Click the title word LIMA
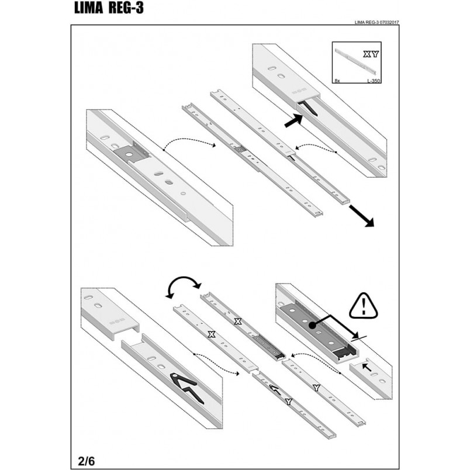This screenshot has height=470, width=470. point(88,8)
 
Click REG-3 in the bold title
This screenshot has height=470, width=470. point(126,8)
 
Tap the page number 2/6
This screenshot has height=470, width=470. point(87,461)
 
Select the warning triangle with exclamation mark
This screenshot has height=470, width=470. point(364,306)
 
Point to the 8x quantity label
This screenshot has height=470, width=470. point(337,81)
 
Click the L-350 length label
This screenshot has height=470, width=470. point(374,81)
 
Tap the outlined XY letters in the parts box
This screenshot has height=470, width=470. point(371,54)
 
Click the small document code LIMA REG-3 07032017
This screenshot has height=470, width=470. point(376,22)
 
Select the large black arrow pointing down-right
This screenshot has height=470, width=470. point(361,216)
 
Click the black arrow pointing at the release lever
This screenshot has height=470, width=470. point(293,120)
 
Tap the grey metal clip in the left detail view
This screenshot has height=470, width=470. point(132,153)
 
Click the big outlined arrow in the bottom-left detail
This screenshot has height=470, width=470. point(186,387)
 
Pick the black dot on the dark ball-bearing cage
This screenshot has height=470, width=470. point(312,325)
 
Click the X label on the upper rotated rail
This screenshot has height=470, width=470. point(238,322)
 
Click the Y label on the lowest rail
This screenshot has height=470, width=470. point(288,402)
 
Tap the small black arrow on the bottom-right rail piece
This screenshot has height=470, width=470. point(367,367)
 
